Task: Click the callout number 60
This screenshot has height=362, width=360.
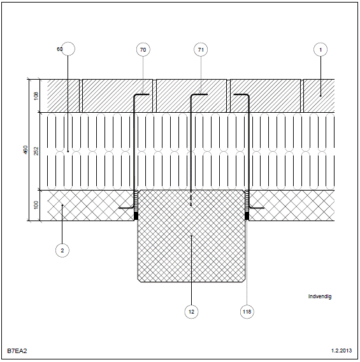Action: pos(59,49)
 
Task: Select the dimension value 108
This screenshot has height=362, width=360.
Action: pos(36,96)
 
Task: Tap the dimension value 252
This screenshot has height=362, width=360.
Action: pos(36,151)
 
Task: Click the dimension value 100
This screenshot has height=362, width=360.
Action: pos(36,205)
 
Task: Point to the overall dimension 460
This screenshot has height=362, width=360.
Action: pos(25,150)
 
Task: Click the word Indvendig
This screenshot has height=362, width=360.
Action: pos(320,296)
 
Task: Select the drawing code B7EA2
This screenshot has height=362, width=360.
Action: pos(17,351)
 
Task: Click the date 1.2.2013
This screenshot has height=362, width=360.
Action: pos(342,351)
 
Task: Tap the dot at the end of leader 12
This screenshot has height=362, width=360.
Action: pos(191,236)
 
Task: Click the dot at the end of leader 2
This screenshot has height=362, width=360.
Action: pos(62,205)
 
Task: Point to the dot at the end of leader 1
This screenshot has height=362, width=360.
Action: pos(320,96)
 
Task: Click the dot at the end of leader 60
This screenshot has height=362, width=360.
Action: pos(68,152)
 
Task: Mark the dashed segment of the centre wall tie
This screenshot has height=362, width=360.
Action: pos(191,199)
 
